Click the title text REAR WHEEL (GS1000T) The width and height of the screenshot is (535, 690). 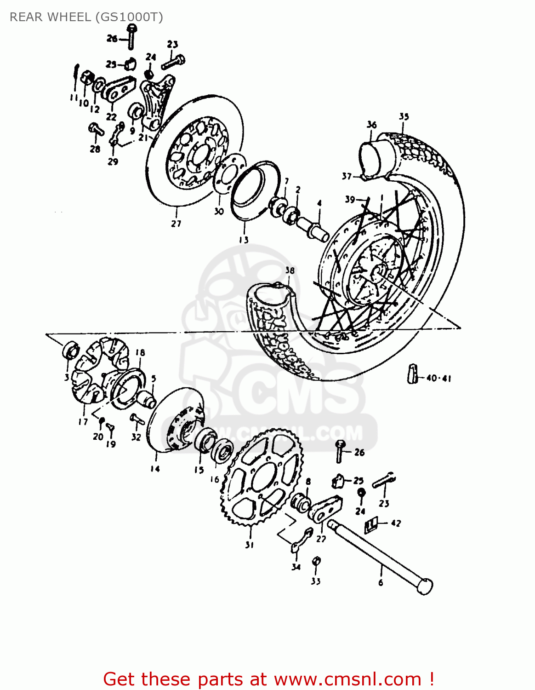click(86, 17)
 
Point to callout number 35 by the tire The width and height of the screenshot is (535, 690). click(404, 117)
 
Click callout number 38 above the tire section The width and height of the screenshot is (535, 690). click(290, 270)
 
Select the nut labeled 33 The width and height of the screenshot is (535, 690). click(316, 561)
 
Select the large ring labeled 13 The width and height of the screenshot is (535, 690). click(255, 189)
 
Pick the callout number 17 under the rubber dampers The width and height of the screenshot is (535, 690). click(83, 421)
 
